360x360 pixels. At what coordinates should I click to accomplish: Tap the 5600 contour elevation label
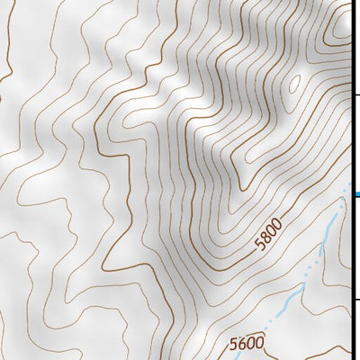247,344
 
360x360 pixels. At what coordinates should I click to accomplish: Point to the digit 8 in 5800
265,237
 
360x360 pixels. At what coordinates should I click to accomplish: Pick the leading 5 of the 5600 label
234,346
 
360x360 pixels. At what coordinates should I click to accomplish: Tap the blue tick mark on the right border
355,193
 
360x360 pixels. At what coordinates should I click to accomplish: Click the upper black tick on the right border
355,93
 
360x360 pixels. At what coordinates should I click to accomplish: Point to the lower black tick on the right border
355,300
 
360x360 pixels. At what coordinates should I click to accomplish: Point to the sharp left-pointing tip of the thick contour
103,267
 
